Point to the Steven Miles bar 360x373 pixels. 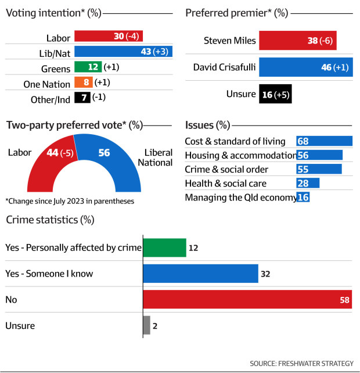(297, 41)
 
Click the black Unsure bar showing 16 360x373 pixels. (275, 94)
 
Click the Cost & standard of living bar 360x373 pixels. (324, 141)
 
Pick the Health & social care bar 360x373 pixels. (308, 184)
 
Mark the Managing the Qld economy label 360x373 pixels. (240, 198)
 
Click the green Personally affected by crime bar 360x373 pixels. (164, 248)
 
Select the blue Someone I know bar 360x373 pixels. (200, 274)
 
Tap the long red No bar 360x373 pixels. (247, 300)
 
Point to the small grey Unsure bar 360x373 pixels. (146, 326)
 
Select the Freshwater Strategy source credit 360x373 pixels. (301, 363)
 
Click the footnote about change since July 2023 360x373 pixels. (69, 201)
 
